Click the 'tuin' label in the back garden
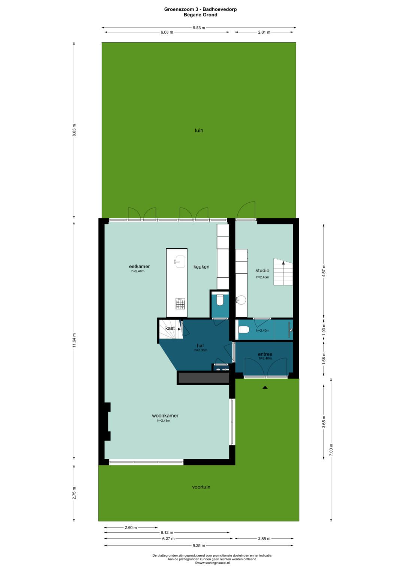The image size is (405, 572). point(199,130)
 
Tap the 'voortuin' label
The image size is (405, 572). point(201,487)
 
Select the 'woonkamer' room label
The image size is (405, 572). point(165,415)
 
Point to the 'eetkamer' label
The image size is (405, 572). point(139,266)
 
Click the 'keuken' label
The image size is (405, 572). point(201,267)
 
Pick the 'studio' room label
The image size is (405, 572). point(262,270)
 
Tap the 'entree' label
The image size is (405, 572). point(265,354)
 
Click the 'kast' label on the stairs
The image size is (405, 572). point(170,328)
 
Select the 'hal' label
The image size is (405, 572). point(200,346)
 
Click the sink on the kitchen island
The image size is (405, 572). point(180,261)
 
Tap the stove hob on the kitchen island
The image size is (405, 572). point(180,303)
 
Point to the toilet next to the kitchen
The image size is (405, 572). point(220,300)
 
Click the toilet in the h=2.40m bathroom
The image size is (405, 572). point(244,330)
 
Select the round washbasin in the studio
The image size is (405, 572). point(241,300)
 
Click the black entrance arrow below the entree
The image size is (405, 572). point(265,387)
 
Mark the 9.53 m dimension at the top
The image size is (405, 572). point(199,28)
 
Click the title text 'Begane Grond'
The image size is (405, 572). point(201,15)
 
